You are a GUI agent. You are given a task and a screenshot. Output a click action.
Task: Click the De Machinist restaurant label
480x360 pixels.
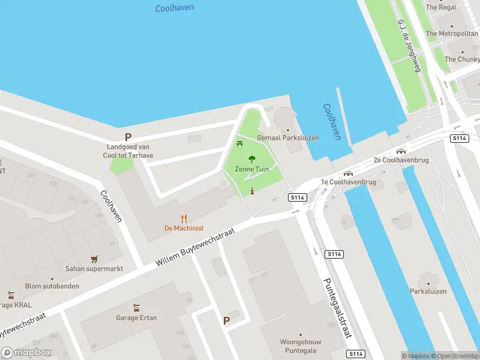pos(184,229)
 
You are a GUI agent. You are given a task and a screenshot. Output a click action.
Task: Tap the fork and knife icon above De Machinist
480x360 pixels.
pos(184,219)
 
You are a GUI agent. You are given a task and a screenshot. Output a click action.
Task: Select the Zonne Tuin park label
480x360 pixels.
pos(252,169)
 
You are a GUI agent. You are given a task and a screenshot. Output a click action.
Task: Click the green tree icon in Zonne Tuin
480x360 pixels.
pos(252,159)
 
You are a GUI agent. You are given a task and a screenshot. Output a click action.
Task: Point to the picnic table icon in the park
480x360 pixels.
pos(240,143)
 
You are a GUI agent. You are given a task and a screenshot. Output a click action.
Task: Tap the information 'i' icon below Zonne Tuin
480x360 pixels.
pos(252,191)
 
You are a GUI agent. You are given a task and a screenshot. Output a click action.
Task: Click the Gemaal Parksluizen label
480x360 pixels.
pos(287,137)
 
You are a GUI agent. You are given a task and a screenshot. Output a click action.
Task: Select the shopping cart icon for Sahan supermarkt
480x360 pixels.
pos(94,259)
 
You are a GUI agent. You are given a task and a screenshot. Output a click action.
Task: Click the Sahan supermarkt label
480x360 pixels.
pos(95,269)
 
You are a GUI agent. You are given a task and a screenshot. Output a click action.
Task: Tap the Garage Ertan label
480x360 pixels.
pos(136,317)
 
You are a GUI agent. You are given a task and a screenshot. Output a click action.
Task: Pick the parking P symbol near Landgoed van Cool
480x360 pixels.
pos(128,137)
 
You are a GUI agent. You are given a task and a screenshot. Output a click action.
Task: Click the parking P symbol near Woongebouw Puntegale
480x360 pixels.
pos(226,321)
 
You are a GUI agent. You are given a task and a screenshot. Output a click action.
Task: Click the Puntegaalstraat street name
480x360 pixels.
pos(337,307)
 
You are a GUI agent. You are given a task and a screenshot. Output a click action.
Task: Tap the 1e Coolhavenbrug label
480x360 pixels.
pos(348,182)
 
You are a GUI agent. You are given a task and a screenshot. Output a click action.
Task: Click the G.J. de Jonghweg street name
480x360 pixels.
pos(409,45)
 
